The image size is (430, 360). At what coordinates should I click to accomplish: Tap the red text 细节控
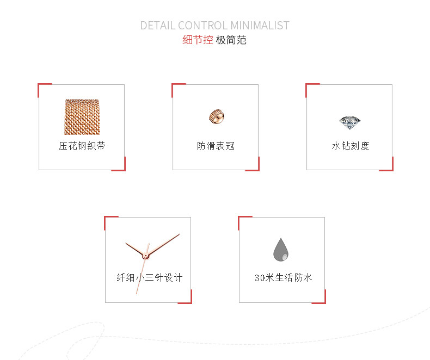click(198, 40)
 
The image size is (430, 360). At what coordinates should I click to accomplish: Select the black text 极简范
click(231, 40)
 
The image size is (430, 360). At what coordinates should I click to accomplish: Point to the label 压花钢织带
click(82, 146)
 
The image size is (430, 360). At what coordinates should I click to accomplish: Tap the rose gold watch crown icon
click(216, 116)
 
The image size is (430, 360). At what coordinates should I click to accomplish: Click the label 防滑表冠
click(216, 146)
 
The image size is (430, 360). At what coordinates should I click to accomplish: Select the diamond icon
click(349, 121)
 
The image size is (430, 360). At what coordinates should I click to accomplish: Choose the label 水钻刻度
click(350, 146)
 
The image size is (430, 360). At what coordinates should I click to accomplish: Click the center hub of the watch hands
click(146, 255)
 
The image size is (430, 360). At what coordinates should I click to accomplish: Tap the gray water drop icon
click(281, 250)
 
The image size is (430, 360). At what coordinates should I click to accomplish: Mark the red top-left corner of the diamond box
click(308, 85)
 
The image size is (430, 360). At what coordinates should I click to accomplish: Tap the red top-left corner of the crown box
click(174, 85)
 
